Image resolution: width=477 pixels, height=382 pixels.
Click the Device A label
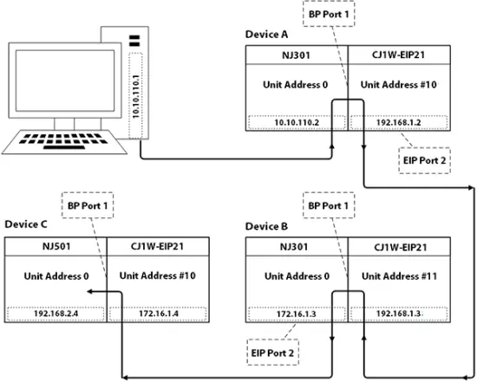(266, 35)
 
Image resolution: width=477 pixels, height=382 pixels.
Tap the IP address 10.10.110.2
(297, 122)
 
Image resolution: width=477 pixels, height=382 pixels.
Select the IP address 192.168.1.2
(399, 122)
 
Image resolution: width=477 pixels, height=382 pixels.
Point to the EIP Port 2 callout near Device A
(424, 161)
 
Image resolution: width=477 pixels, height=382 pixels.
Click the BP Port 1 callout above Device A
(329, 14)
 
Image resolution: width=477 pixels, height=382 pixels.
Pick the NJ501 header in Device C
(56, 246)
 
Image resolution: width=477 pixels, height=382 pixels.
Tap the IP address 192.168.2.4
(56, 314)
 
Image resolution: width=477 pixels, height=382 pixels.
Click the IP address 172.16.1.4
(159, 314)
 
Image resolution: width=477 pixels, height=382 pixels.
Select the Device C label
(26, 224)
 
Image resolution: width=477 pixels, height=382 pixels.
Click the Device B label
(266, 227)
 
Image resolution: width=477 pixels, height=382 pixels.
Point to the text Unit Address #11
(399, 276)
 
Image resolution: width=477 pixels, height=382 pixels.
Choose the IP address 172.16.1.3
(297, 314)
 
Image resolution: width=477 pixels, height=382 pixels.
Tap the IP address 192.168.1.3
(399, 314)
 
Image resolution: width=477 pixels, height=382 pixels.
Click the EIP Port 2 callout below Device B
(273, 353)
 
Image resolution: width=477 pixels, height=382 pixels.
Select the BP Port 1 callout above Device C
(88, 205)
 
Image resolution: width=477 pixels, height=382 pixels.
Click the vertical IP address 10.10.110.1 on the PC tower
(135, 96)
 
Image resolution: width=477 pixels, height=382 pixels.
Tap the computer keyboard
(64, 142)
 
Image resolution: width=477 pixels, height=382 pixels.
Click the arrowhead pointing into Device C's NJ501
(89, 292)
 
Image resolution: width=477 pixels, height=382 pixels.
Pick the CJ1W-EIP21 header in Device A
(399, 55)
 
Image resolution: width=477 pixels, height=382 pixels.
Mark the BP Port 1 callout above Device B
(329, 205)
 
